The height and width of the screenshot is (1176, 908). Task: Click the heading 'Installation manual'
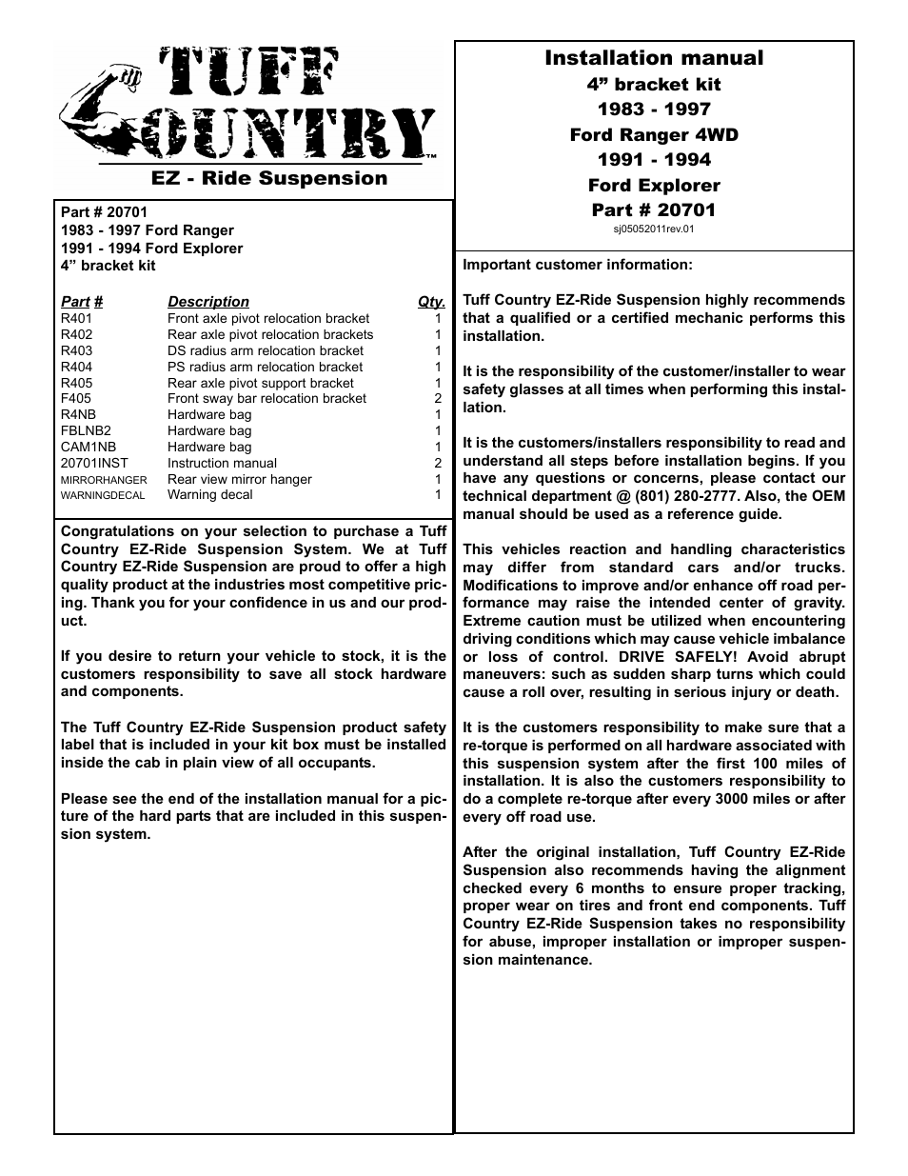pyautogui.click(x=654, y=58)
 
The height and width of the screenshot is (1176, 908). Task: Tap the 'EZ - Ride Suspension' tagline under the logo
pyautogui.click(x=269, y=178)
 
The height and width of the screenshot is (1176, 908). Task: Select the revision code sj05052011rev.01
pyautogui.click(x=654, y=229)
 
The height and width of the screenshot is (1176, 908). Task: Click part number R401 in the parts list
pyautogui.click(x=76, y=319)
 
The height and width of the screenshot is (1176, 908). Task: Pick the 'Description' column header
pyautogui.click(x=207, y=301)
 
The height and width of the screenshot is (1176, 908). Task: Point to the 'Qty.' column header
pyautogui.click(x=431, y=301)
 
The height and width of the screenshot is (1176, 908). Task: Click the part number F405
pyautogui.click(x=76, y=399)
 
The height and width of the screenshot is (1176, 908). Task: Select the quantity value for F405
pyautogui.click(x=438, y=399)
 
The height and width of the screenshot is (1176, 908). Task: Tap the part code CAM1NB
pyautogui.click(x=89, y=447)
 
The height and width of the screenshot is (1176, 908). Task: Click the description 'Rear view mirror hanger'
pyautogui.click(x=239, y=479)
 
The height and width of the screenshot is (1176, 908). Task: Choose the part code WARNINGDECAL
pyautogui.click(x=103, y=495)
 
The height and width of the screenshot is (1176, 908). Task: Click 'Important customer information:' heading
pyautogui.click(x=577, y=265)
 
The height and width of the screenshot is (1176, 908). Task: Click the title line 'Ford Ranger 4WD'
pyautogui.click(x=654, y=134)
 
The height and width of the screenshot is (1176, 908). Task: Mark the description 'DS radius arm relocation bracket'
pyautogui.click(x=265, y=350)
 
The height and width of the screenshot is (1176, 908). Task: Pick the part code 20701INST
pyautogui.click(x=93, y=463)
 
